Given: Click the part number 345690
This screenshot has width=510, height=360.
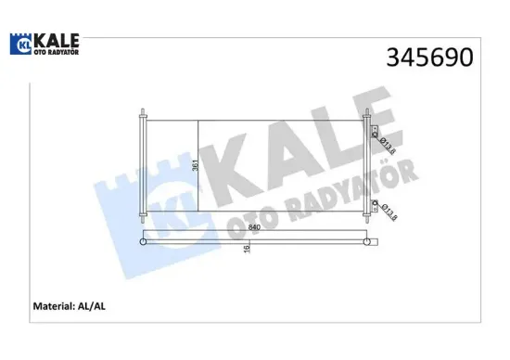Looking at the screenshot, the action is tap(429, 58).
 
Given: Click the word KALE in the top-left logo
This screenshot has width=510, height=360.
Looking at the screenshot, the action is tap(57, 41).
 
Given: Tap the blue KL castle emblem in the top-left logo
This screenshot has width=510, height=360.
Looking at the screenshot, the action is tap(20, 44).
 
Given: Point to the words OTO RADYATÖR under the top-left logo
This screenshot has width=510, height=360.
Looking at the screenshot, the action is tap(57, 52).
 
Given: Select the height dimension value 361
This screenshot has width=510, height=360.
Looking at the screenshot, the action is tap(195, 165).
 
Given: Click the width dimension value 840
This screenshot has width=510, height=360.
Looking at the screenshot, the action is tap(254, 227).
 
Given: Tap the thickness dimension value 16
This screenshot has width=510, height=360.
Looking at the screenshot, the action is tap(247, 249).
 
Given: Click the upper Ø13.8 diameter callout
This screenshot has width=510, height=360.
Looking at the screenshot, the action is tap(388, 146).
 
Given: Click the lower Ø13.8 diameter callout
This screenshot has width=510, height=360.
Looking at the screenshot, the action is tap(389, 212).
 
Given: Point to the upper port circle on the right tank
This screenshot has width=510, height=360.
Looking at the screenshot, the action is tap(375, 135).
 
